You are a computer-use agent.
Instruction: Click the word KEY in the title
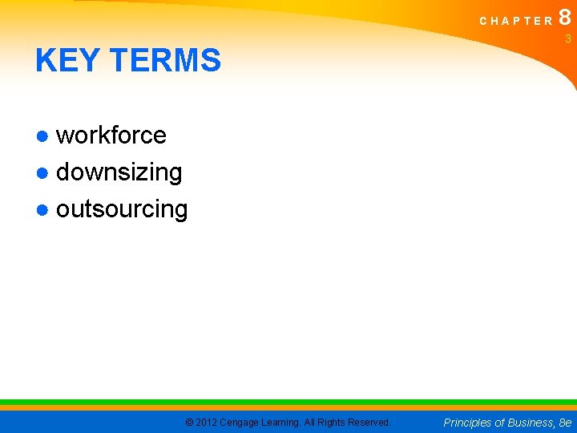pyautogui.click(x=65, y=61)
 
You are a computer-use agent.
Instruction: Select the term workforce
pyautogui.click(x=111, y=136)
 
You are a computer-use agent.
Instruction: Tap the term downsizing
pyautogui.click(x=119, y=172)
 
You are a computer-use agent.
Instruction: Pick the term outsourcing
pyautogui.click(x=122, y=209)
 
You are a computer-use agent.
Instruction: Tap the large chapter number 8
pyautogui.click(x=565, y=17)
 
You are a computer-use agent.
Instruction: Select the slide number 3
pyautogui.click(x=567, y=38)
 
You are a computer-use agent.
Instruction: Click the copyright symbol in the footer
pyautogui.click(x=189, y=423)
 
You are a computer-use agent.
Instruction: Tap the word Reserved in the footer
pyautogui.click(x=369, y=423)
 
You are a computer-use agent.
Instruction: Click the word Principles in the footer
pyautogui.click(x=470, y=423)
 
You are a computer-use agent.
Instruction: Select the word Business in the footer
pyautogui.click(x=531, y=423)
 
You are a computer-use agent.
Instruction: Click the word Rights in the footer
pyautogui.click(x=333, y=423)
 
